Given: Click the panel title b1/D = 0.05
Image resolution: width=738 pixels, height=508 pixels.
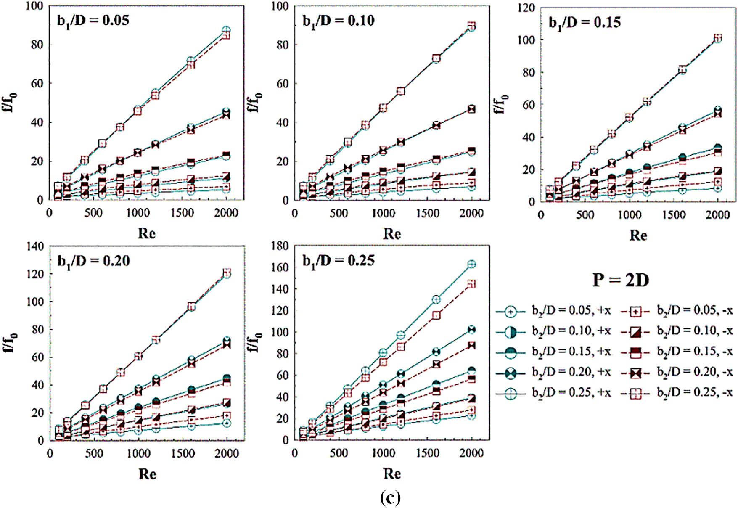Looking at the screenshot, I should point(93,21).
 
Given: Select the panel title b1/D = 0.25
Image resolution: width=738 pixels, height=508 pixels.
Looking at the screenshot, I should point(339,261).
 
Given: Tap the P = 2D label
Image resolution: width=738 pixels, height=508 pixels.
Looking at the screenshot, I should point(620,280).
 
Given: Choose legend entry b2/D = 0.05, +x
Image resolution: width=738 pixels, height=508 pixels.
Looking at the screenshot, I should point(553,311).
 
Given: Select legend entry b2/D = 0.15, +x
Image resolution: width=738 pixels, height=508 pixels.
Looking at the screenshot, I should point(553,352).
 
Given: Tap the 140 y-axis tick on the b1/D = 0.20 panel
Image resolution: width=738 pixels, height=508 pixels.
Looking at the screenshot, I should point(35,246).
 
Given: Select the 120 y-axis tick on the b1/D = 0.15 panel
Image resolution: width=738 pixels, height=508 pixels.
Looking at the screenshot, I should point(526,8).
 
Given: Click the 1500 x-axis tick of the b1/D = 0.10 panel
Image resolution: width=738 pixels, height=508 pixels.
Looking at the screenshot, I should point(427,213).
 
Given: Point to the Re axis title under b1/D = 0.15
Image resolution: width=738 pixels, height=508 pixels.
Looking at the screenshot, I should point(638,235).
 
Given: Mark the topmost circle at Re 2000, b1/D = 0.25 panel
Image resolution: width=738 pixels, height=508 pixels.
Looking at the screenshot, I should point(472,265).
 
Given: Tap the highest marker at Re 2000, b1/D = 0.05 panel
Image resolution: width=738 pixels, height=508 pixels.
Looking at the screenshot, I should point(226,30).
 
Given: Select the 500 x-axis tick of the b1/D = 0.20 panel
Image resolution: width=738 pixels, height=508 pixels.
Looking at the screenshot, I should point(94,453).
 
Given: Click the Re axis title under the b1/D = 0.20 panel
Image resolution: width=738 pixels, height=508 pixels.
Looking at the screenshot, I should point(147,474).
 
